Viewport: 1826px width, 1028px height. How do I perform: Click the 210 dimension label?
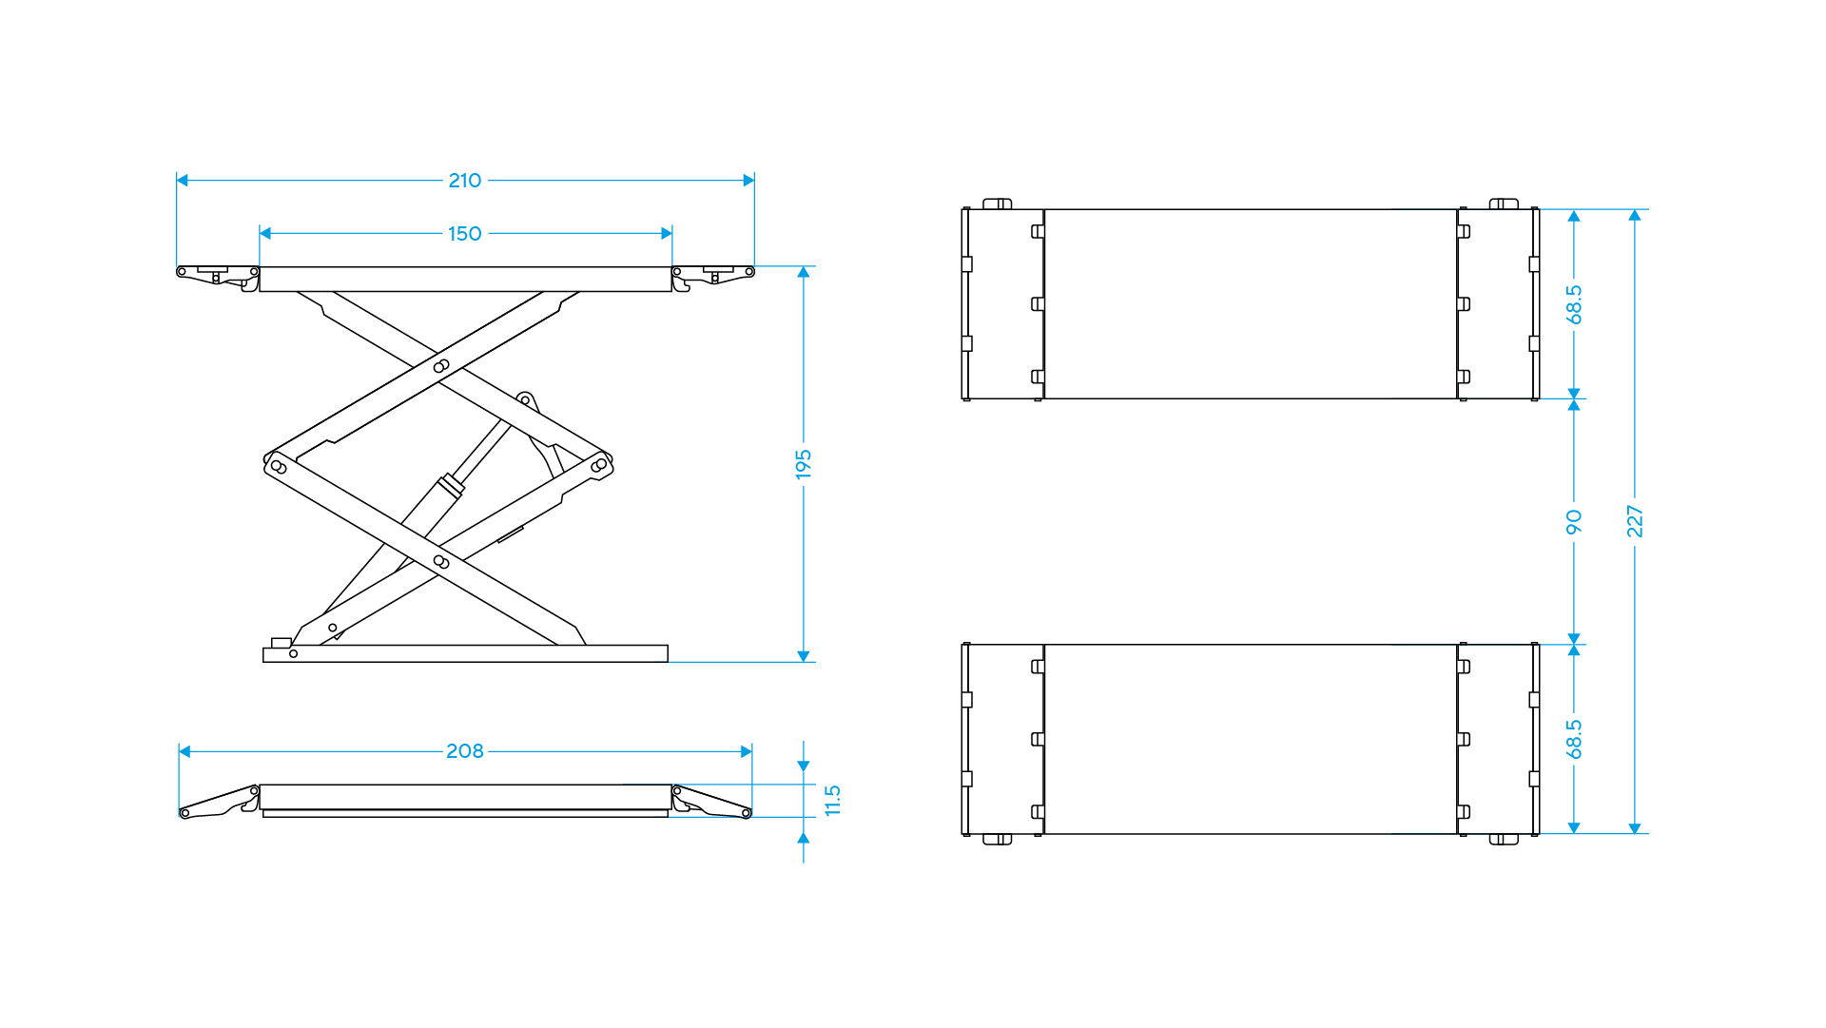click(x=465, y=181)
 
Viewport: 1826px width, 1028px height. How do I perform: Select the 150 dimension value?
click(x=465, y=234)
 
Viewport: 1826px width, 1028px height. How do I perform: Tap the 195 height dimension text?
click(x=804, y=465)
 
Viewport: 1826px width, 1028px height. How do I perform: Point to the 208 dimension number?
click(x=465, y=751)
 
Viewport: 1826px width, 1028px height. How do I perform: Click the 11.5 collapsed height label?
click(x=833, y=801)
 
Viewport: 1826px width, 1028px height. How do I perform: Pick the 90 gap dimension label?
click(x=1574, y=522)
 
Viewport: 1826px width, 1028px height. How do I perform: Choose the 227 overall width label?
click(x=1635, y=521)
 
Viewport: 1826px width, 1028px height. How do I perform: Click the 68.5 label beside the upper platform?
click(x=1574, y=304)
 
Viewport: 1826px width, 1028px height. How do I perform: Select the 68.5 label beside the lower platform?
click(x=1574, y=739)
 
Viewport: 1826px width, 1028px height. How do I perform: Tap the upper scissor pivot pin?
click(x=441, y=366)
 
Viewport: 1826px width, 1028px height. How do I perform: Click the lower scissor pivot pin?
click(x=441, y=562)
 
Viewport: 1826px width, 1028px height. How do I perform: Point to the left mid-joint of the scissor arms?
click(x=278, y=466)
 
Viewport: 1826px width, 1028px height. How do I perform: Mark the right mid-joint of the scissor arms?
click(x=599, y=465)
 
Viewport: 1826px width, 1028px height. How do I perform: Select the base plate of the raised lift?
click(x=465, y=654)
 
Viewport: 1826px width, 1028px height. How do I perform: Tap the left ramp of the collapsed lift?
click(x=219, y=802)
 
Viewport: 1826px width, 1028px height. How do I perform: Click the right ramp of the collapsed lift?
click(x=712, y=802)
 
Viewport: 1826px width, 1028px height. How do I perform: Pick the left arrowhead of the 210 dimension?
click(x=183, y=181)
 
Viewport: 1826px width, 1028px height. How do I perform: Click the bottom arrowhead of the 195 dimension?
click(x=804, y=656)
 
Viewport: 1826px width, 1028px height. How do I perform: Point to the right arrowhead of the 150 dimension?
click(x=667, y=234)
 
